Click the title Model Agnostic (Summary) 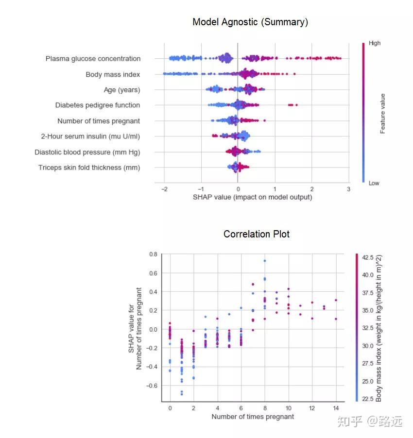pos(250,22)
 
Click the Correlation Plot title pos(257,234)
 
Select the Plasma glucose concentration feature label pos(93,59)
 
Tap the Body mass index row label pos(113,74)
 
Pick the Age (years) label pos(121,90)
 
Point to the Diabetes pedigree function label pos(97,105)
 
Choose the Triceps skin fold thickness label pos(89,168)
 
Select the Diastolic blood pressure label pos(87,152)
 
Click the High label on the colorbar pos(375,43)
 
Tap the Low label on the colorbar pos(374,183)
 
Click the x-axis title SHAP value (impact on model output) pos(252,197)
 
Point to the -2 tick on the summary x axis pos(163,188)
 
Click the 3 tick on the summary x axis pos(348,188)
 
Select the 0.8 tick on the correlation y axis pos(153,254)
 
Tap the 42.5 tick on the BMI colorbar pos(367,257)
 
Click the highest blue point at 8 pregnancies pos(265,261)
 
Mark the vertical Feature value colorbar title pos(383,113)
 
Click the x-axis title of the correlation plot pos(253,417)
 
